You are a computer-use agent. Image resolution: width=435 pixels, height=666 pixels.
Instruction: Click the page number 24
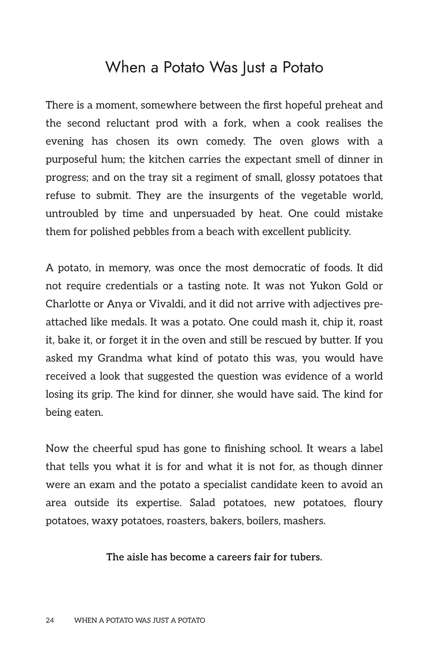[x=50, y=620]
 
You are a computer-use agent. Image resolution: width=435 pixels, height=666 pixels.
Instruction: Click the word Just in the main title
[x=253, y=67]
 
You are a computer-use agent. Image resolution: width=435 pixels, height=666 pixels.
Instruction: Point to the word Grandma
[x=120, y=358]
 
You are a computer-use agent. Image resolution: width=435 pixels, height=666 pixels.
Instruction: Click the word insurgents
[x=233, y=196]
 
